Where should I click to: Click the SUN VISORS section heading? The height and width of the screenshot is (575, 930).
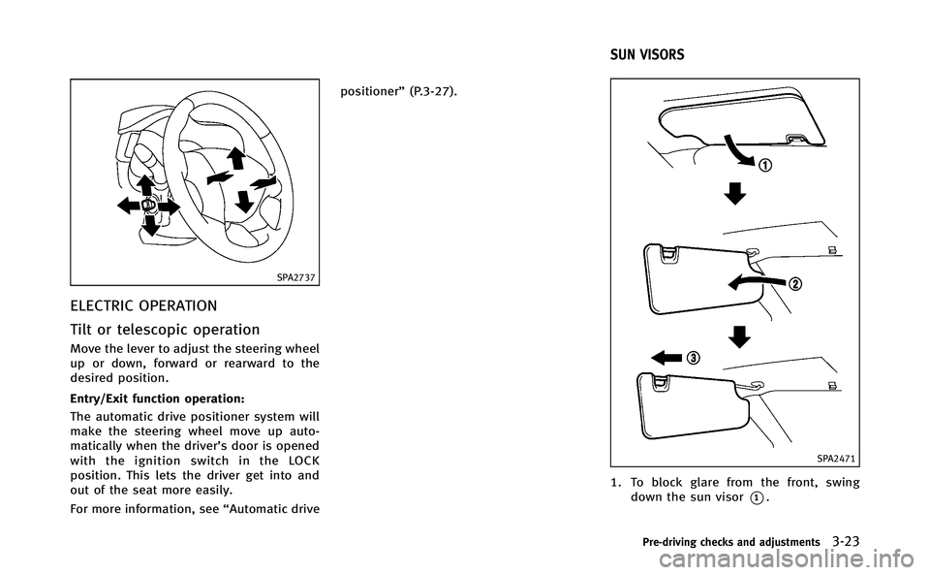pyautogui.click(x=646, y=55)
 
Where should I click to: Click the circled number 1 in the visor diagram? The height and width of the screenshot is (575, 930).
pyautogui.click(x=766, y=164)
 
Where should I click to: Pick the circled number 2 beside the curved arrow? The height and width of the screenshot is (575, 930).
pyautogui.click(x=797, y=284)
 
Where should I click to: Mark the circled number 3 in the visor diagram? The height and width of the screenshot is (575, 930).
pyautogui.click(x=694, y=356)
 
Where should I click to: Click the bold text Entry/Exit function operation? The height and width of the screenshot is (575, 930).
pyautogui.click(x=133, y=398)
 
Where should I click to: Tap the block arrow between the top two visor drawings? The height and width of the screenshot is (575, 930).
pyautogui.click(x=737, y=197)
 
